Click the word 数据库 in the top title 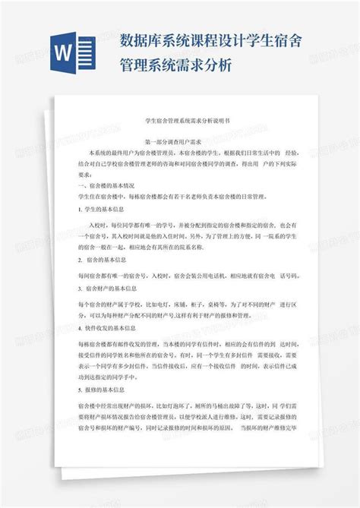tap(139, 39)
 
